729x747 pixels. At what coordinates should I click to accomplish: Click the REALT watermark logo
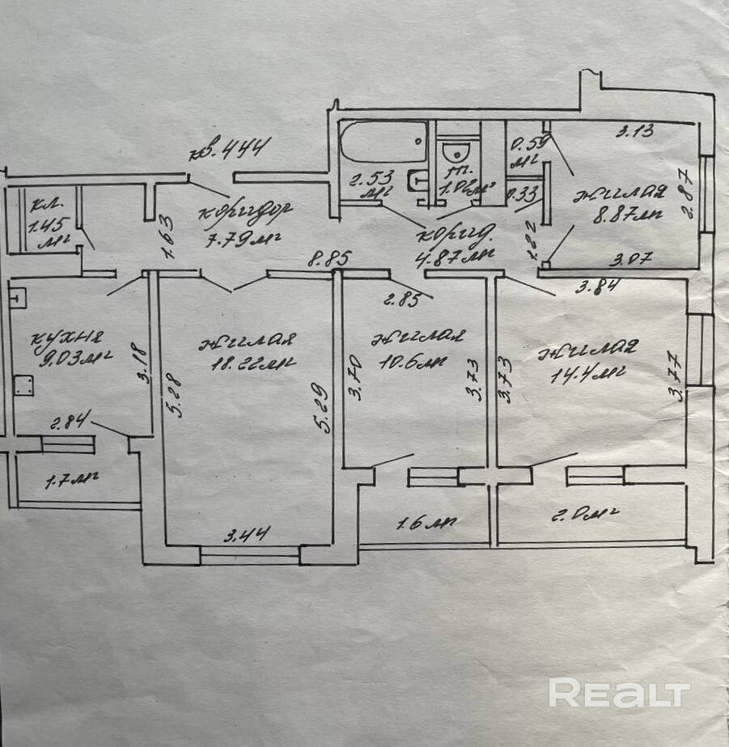[619, 694]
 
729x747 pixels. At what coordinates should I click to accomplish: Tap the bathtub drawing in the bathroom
[383, 142]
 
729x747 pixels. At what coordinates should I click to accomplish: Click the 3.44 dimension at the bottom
[247, 533]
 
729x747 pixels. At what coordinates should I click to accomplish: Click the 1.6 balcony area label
[426, 523]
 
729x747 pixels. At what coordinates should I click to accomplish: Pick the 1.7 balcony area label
[71, 481]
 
